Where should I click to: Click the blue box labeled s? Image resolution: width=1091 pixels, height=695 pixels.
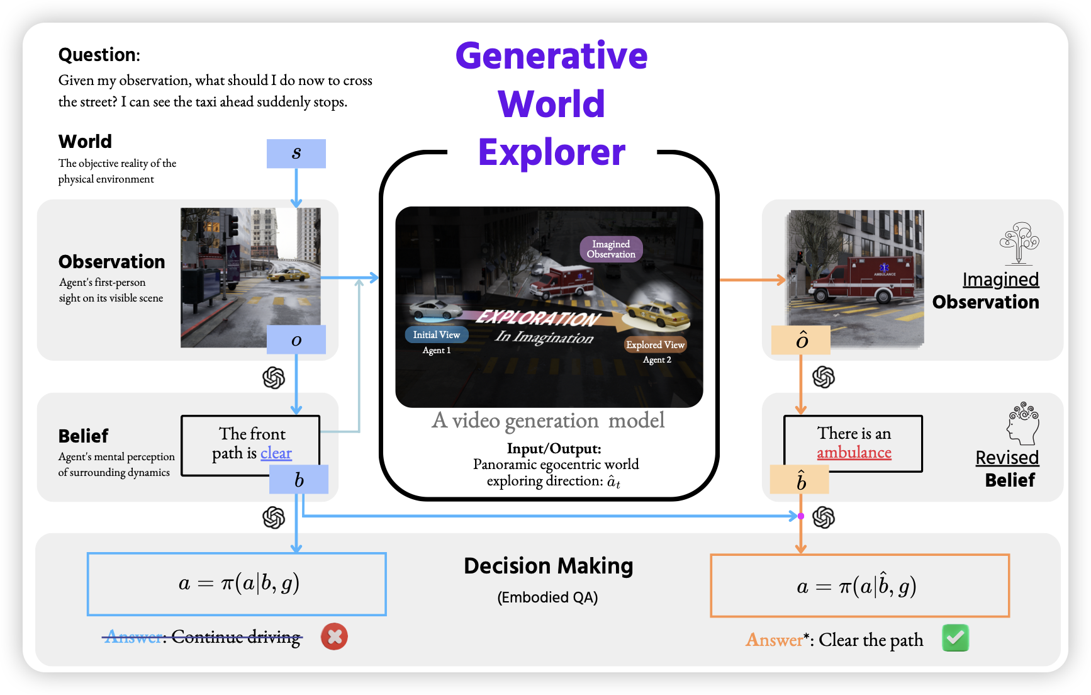pyautogui.click(x=296, y=154)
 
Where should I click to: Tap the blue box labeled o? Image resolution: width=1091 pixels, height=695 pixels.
pyautogui.click(x=296, y=340)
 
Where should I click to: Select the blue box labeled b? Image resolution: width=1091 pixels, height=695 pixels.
pyautogui.click(x=299, y=480)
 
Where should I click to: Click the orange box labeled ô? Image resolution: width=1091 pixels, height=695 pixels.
pyautogui.click(x=801, y=340)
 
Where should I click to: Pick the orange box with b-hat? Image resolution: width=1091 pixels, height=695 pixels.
pyautogui.click(x=800, y=480)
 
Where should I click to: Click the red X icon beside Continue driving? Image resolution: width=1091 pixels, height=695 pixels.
pyautogui.click(x=334, y=636)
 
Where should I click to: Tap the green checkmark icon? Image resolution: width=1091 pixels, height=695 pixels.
pyautogui.click(x=955, y=638)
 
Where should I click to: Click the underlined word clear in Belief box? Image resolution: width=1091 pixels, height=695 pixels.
pyautogui.click(x=276, y=453)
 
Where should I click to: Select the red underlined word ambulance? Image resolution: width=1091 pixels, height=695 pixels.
pyautogui.click(x=854, y=453)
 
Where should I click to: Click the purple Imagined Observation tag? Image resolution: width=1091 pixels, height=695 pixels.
pyautogui.click(x=611, y=249)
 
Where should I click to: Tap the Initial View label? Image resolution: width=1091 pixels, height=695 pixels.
pyautogui.click(x=436, y=335)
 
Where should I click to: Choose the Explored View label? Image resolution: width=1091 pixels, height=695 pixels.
pyautogui.click(x=655, y=345)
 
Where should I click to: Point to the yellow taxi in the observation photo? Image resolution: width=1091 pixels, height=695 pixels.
pyautogui.click(x=288, y=274)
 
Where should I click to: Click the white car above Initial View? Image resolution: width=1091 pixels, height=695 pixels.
pyautogui.click(x=435, y=309)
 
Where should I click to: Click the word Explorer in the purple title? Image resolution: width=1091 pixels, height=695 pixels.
pyautogui.click(x=552, y=152)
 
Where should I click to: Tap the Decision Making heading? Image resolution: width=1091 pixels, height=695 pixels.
pyautogui.click(x=548, y=566)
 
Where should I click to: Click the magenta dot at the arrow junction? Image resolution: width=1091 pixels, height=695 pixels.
pyautogui.click(x=800, y=516)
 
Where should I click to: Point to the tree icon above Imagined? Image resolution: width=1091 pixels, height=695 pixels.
pyautogui.click(x=1019, y=242)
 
